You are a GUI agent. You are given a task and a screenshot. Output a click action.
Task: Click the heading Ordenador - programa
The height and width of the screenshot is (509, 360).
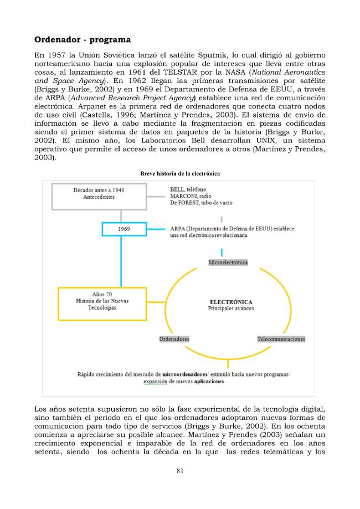pos(83,40)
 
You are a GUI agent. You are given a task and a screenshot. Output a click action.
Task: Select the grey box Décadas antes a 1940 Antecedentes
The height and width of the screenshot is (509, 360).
pos(99,193)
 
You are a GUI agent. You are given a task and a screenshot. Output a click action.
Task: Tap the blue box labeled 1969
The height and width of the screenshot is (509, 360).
pos(125,228)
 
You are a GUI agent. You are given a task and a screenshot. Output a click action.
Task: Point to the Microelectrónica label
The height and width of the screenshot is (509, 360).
pos(228,262)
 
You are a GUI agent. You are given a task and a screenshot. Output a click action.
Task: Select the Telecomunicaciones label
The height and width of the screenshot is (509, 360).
pos(281,338)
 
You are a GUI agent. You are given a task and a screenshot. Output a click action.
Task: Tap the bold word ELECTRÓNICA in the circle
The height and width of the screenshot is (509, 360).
pos(228,302)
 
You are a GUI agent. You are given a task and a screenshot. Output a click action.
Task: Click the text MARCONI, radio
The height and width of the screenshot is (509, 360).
pos(189,196)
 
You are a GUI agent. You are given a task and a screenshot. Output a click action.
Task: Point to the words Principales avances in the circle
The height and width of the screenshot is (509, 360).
pos(228,308)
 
